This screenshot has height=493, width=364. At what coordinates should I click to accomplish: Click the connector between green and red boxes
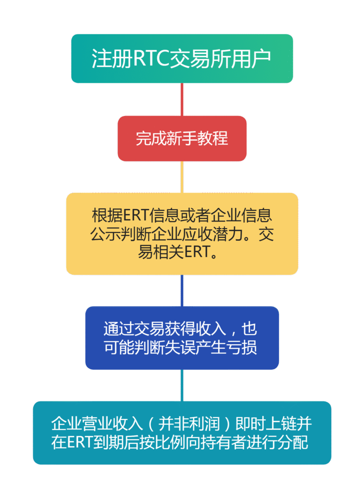(182, 99)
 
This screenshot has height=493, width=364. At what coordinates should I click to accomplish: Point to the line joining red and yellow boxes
(182, 177)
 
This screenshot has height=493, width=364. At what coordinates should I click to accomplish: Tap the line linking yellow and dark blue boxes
(182, 290)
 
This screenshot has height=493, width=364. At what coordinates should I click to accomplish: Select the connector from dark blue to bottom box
(182, 385)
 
